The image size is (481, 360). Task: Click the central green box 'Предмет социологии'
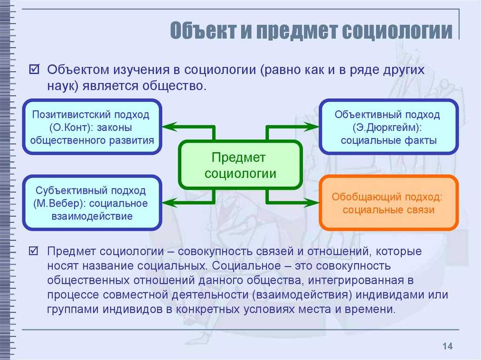coord(240,165)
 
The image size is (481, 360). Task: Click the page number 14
coord(447,346)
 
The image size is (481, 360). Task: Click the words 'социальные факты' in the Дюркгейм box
coord(388,140)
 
